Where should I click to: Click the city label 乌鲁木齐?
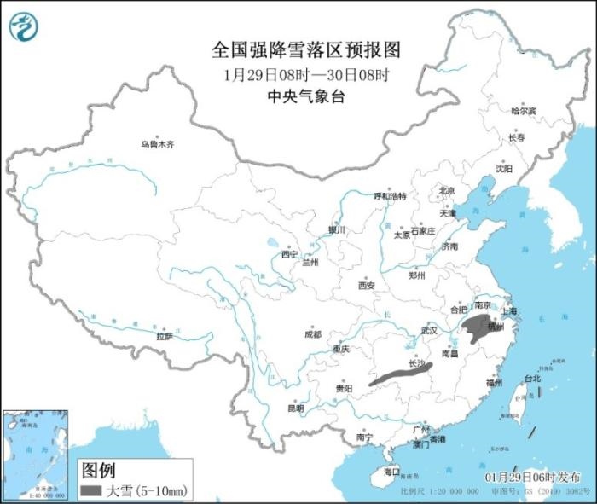(157, 145)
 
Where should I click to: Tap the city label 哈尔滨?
(523, 111)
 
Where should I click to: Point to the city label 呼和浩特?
(390, 195)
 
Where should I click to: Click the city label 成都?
(312, 334)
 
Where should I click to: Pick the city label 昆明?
(295, 408)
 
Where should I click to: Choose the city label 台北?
(531, 378)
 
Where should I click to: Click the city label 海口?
(391, 472)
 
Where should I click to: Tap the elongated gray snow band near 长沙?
(401, 374)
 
